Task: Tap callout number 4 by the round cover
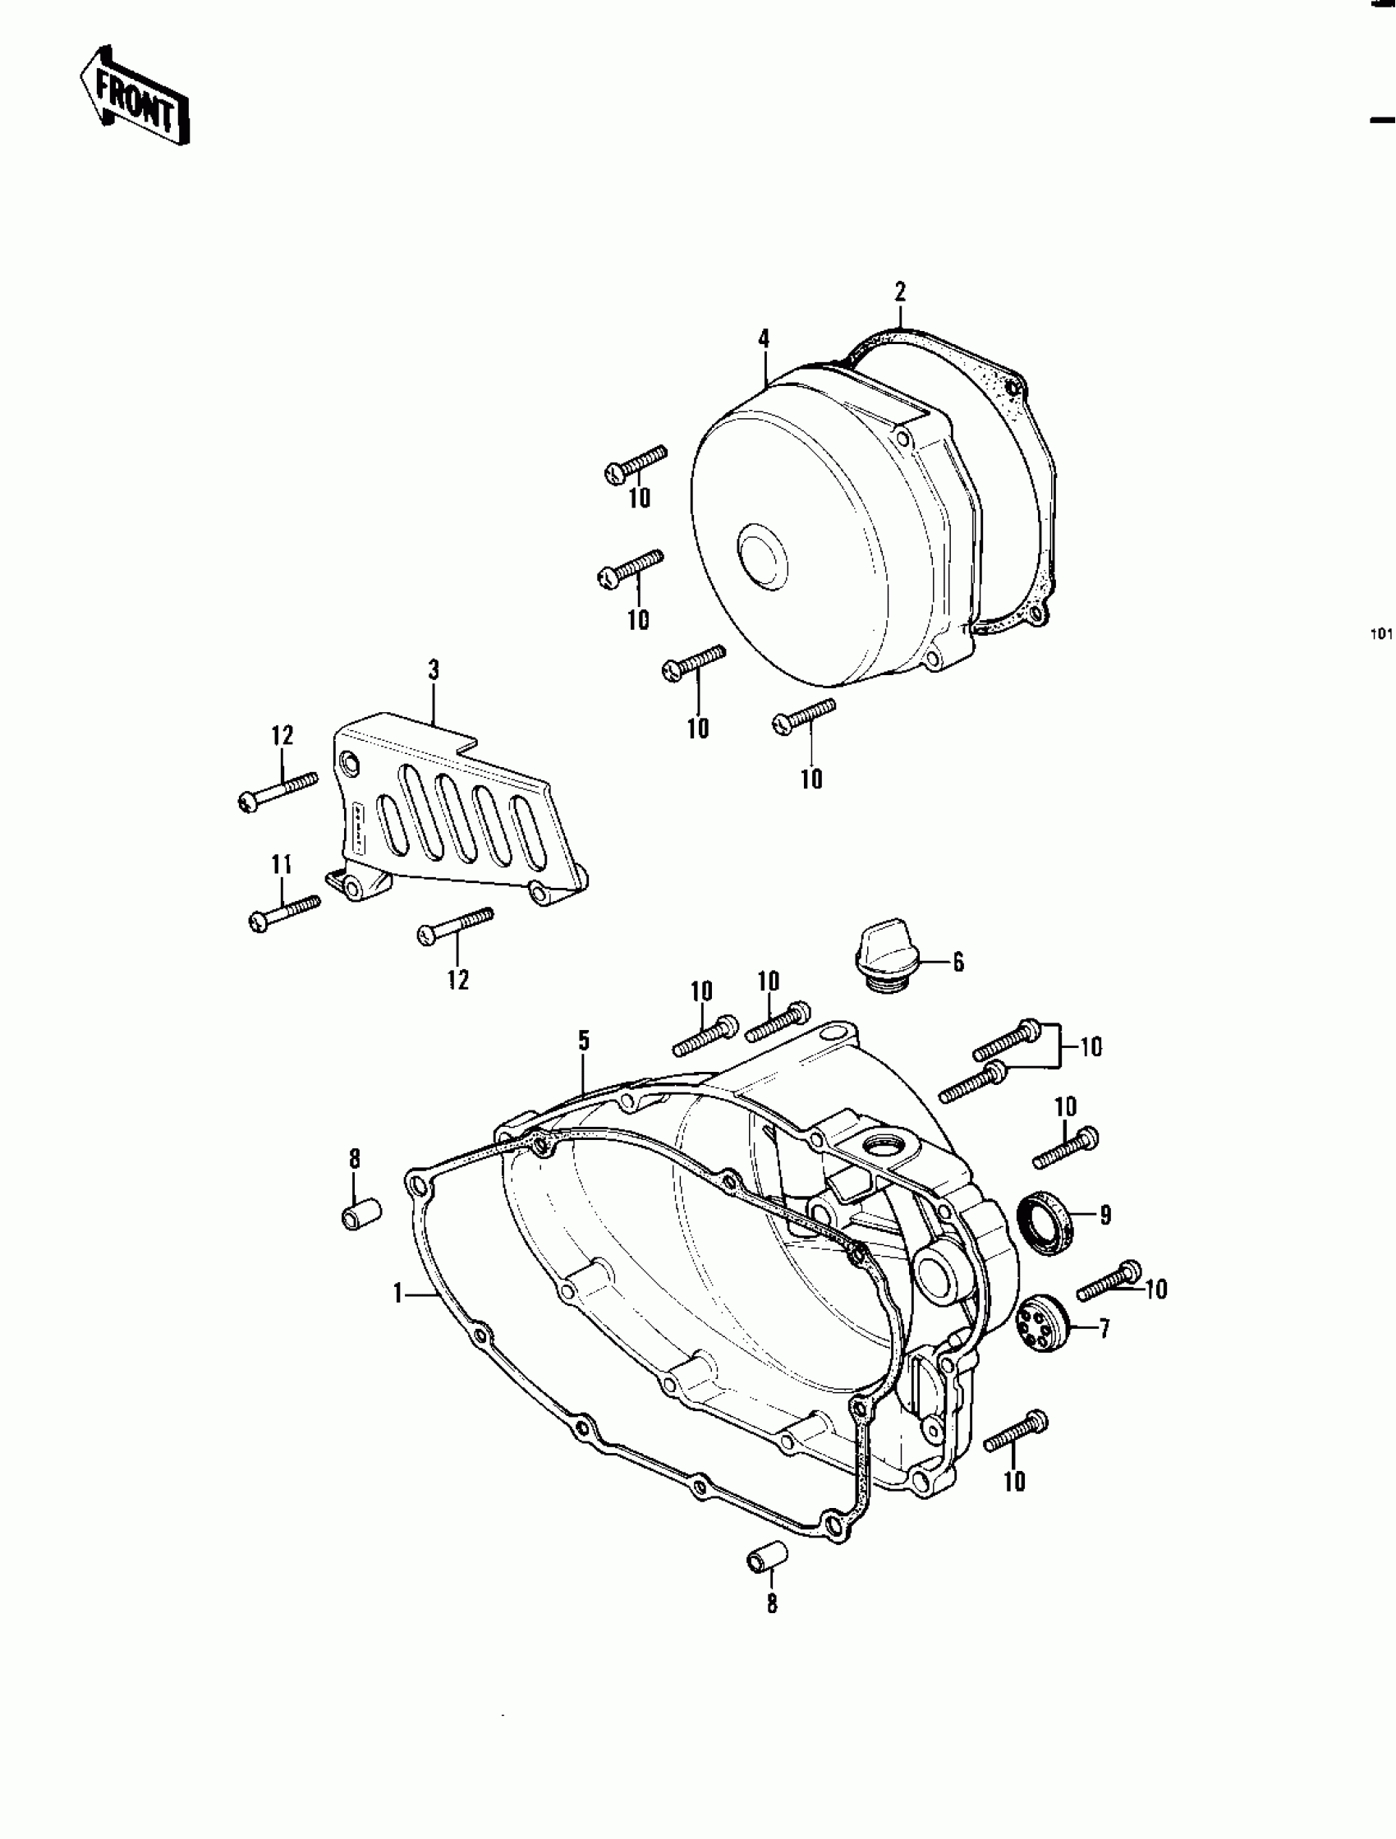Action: point(763,338)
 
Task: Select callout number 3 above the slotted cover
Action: point(434,669)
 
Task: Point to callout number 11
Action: point(282,865)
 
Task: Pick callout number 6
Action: point(957,963)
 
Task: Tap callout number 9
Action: point(1105,1216)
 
